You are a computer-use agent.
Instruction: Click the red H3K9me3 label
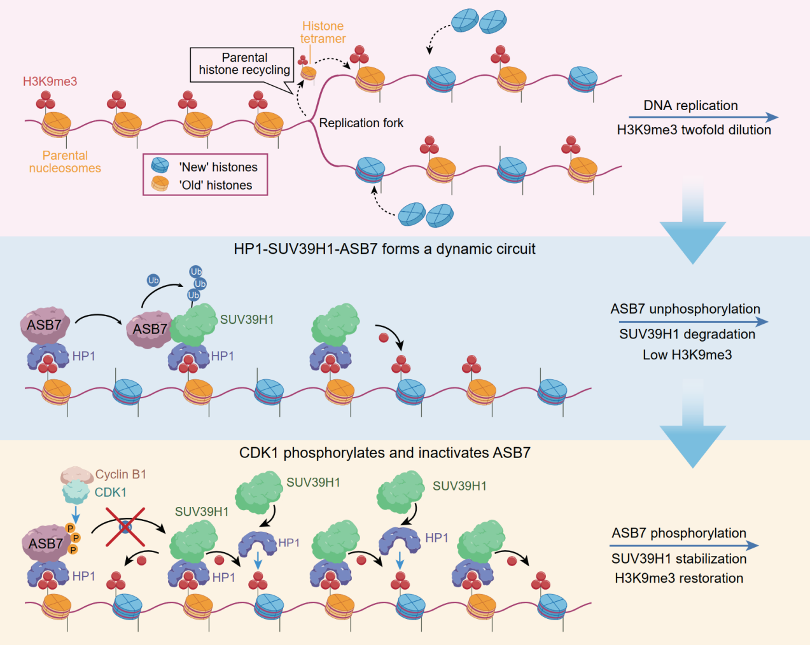pyautogui.click(x=50, y=81)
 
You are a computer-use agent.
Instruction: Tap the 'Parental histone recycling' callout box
pyautogui.click(x=244, y=64)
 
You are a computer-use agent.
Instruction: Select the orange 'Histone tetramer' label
pyautogui.click(x=323, y=32)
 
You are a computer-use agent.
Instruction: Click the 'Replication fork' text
pyautogui.click(x=361, y=123)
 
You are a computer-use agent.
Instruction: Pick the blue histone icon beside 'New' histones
pyautogui.click(x=160, y=166)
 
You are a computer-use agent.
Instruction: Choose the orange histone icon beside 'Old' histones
pyautogui.click(x=160, y=184)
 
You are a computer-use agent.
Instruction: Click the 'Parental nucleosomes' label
pyautogui.click(x=65, y=162)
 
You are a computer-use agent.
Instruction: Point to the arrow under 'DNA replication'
pyautogui.click(x=702, y=117)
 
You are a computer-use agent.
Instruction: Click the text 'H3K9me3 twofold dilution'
pyautogui.click(x=694, y=130)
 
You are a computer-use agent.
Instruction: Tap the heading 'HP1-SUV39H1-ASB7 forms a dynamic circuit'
pyautogui.click(x=384, y=249)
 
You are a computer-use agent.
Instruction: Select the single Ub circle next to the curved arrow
pyautogui.click(x=153, y=280)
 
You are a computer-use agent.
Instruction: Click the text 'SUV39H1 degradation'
pyautogui.click(x=687, y=334)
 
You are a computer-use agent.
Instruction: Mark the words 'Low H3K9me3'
pyautogui.click(x=687, y=355)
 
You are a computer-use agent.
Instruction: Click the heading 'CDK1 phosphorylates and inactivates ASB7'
pyautogui.click(x=384, y=453)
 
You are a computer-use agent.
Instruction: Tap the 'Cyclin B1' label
pyautogui.click(x=121, y=475)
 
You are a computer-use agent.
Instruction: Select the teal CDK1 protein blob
pyautogui.click(x=76, y=492)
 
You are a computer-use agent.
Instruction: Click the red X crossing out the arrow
pyautogui.click(x=125, y=526)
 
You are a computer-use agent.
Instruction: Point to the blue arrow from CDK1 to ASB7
pyautogui.click(x=76, y=514)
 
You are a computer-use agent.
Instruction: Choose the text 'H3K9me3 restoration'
pyautogui.click(x=679, y=578)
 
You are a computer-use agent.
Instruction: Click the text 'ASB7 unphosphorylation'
pyautogui.click(x=685, y=309)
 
